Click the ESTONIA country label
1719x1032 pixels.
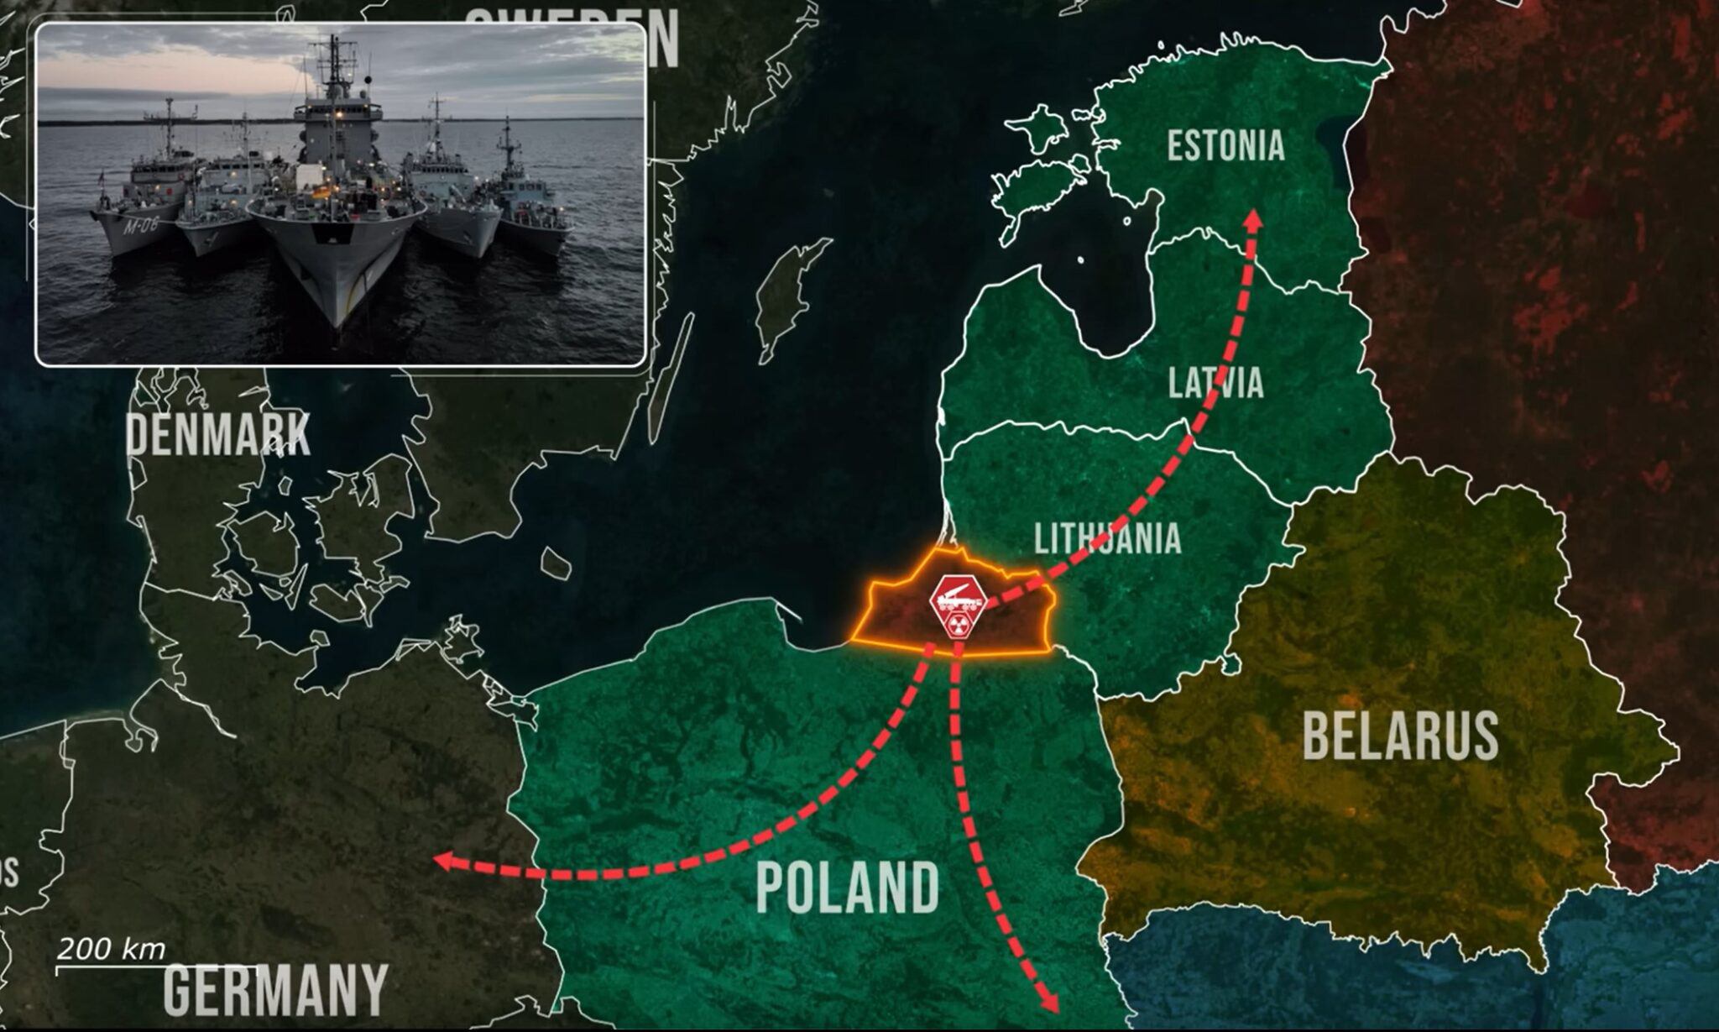(1225, 146)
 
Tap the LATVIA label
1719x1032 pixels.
(1215, 383)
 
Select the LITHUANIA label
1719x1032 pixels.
(1107, 538)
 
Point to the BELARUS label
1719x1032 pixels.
(1400, 736)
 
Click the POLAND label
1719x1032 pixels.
(848, 887)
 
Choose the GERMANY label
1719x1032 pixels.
(275, 991)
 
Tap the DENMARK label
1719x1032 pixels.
(218, 435)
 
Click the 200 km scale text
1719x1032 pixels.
(111, 950)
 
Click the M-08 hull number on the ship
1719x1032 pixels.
(141, 224)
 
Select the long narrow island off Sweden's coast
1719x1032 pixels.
(671, 378)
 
